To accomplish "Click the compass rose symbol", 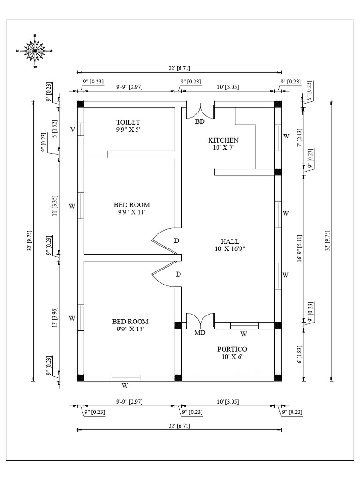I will pos(35,51).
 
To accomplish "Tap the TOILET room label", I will pos(128,122).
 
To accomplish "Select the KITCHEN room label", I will pos(223,140).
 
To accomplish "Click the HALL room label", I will pos(230,241).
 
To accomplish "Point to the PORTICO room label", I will pos(232,349).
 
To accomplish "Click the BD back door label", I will pos(200,121).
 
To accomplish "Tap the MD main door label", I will pos(200,333).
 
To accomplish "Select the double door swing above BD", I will pos(201,110).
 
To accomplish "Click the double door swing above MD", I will pos(201,321).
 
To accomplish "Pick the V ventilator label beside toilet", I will pos(72,129).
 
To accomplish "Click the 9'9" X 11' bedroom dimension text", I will pos(132,212).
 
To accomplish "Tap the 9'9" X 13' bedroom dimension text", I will pos(130,329).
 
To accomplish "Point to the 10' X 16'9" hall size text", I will pos(230,249).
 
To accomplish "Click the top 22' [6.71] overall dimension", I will pos(179,68).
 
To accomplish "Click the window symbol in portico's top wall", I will pos(244,325).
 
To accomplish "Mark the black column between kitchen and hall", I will pos(278,172).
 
